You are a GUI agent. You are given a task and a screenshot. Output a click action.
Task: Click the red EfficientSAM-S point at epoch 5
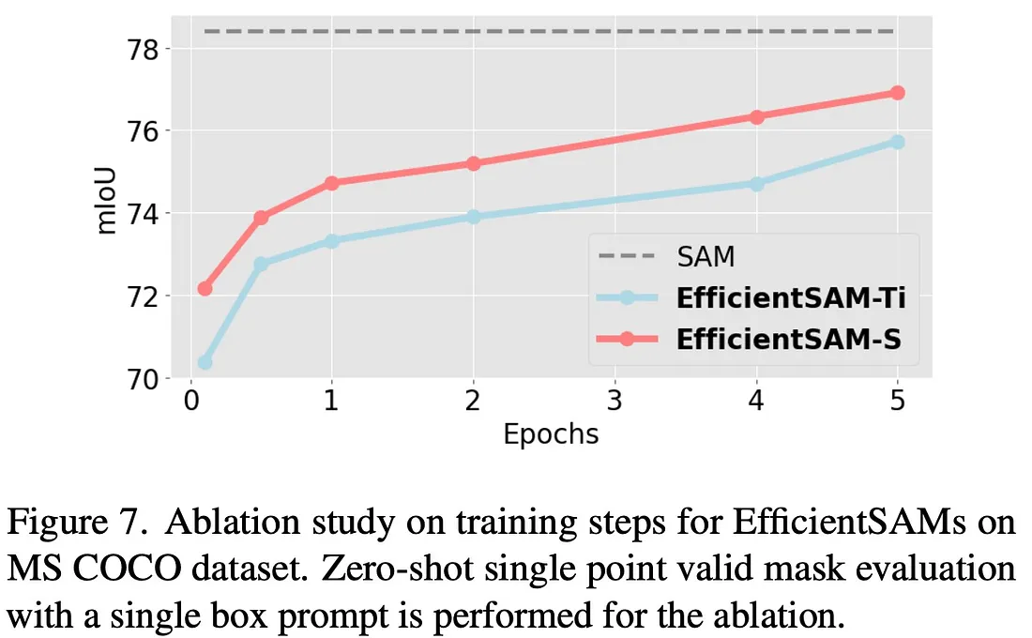[896, 93]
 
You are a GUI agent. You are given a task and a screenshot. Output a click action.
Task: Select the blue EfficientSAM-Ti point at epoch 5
[896, 142]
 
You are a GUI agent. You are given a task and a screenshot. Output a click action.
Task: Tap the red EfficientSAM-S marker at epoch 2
[473, 163]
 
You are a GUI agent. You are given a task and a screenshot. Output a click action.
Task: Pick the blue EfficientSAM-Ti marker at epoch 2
[473, 217]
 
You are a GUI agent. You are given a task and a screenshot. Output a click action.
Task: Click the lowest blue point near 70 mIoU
[205, 362]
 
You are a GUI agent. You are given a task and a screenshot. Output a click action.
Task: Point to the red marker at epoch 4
[755, 116]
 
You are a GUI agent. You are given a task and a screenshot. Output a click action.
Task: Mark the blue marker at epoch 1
[331, 241]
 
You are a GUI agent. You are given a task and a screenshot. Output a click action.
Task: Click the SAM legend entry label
[706, 256]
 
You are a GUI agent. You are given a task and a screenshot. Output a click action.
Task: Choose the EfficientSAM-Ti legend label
[790, 297]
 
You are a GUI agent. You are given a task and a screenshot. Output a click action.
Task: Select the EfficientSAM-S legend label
[788, 339]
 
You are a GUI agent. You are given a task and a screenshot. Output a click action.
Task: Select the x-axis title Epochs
[551, 434]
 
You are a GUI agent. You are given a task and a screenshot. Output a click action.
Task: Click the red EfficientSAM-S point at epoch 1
[331, 183]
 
